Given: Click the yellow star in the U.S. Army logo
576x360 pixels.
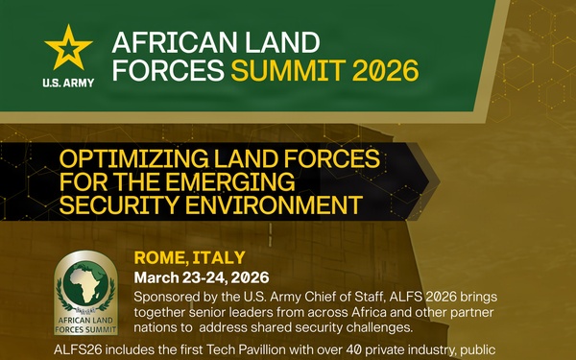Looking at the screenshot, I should tap(69, 48).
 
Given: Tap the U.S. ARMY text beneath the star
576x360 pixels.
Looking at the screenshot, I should tap(69, 83).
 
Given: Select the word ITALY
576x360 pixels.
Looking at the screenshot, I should tap(220, 257).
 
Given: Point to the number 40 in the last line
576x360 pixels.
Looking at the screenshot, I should tap(355, 351).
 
